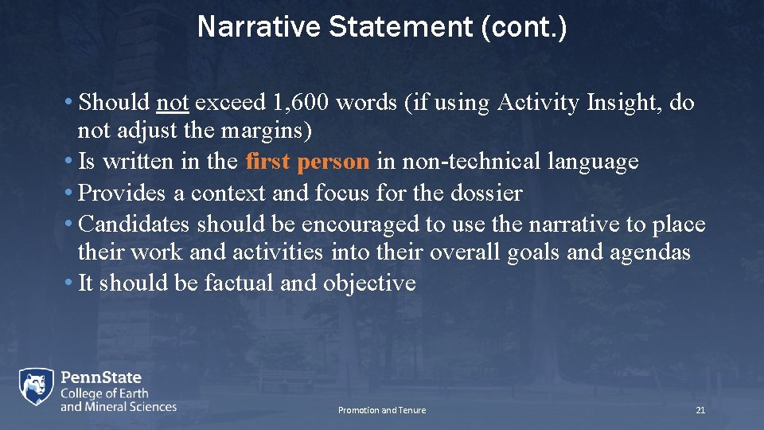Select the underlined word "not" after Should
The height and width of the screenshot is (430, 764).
(x=172, y=103)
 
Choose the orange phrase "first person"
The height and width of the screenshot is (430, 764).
(x=307, y=162)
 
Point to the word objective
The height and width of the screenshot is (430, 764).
(x=369, y=283)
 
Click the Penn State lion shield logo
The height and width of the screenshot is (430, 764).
(x=37, y=388)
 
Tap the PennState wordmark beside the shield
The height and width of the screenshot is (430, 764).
(x=101, y=377)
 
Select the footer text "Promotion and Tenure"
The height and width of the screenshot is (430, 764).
(x=382, y=410)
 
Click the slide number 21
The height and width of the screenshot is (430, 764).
(x=700, y=410)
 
